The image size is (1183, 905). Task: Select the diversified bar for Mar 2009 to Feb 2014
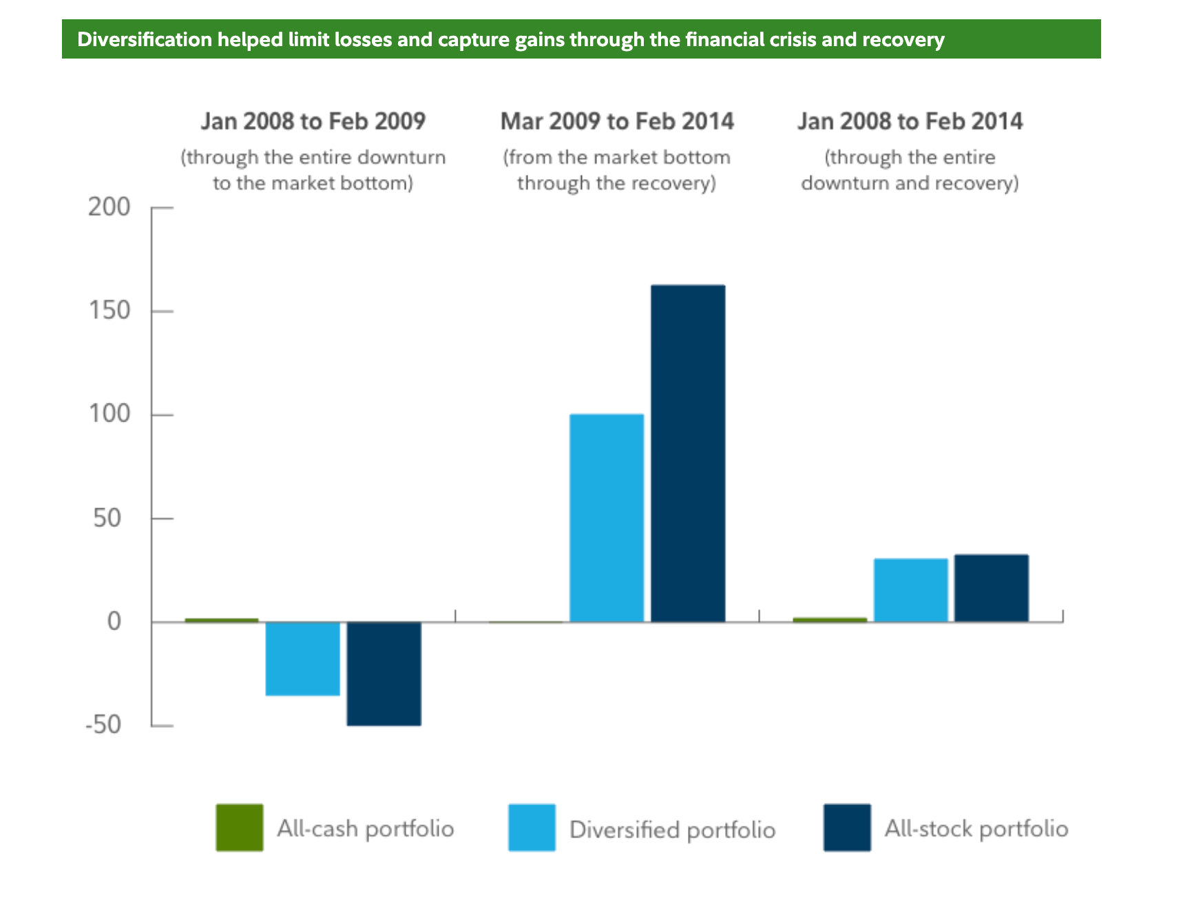pyautogui.click(x=607, y=518)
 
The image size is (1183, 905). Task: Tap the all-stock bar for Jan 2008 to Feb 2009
pyautogui.click(x=384, y=674)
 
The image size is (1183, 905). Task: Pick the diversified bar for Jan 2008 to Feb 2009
pyautogui.click(x=302, y=658)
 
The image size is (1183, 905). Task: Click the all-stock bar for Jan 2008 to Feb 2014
pyautogui.click(x=991, y=588)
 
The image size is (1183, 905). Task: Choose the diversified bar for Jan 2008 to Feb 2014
pyautogui.click(x=910, y=590)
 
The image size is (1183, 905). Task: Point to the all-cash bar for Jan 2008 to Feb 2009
pyautogui.click(x=222, y=620)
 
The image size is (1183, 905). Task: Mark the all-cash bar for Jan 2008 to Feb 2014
pyautogui.click(x=830, y=620)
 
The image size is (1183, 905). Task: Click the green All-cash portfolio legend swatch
pyautogui.click(x=239, y=827)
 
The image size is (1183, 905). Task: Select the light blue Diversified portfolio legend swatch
pyautogui.click(x=532, y=827)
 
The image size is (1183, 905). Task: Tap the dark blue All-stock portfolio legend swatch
pyautogui.click(x=846, y=827)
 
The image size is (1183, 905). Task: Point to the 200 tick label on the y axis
pyautogui.click(x=109, y=207)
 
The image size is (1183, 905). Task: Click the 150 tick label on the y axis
pyautogui.click(x=109, y=311)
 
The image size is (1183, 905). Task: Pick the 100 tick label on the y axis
pyautogui.click(x=109, y=414)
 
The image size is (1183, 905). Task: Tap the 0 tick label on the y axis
pyautogui.click(x=114, y=621)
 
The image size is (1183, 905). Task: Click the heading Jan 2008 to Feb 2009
pyautogui.click(x=313, y=121)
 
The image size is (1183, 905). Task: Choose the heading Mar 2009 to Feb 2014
pyautogui.click(x=617, y=121)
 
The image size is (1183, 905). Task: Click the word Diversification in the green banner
pyautogui.click(x=145, y=39)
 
